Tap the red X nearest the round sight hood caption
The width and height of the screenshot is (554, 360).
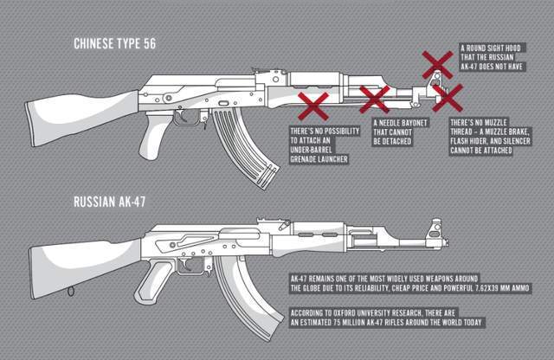(437, 63)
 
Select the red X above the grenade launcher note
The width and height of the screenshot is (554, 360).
(312, 108)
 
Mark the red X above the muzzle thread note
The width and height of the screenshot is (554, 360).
(447, 98)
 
